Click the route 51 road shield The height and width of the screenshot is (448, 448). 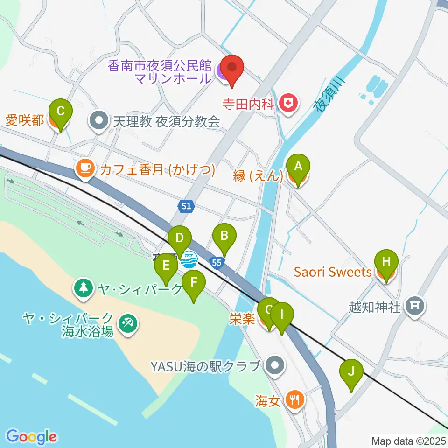pos(186,206)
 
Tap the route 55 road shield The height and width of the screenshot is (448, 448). pos(216,263)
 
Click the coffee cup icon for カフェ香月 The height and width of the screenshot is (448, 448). pos(84,168)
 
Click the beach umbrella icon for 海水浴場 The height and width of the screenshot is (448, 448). pos(127,322)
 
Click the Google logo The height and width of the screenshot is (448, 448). pos(31,437)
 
